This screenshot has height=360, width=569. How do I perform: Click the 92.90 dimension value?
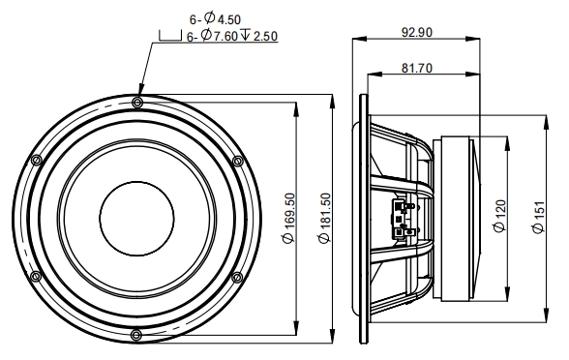[416, 33]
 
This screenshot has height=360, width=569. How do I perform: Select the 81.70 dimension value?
[416, 68]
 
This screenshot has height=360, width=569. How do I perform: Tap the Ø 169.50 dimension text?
[289, 218]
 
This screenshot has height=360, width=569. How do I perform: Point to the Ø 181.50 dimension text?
[325, 218]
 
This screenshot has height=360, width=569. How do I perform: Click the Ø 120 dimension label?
[500, 217]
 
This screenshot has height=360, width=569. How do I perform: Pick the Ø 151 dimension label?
[539, 217]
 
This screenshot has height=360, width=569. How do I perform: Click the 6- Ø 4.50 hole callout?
[215, 18]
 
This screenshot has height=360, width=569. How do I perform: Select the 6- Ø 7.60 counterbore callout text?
[212, 36]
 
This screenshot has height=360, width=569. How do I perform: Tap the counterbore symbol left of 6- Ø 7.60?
[170, 36]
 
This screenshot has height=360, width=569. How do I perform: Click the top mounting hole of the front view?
[136, 102]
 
